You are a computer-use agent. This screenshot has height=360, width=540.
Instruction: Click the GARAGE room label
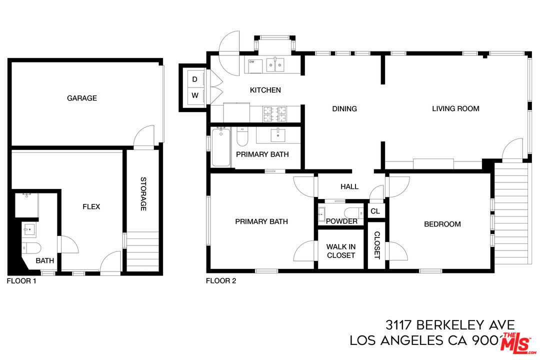point(82,98)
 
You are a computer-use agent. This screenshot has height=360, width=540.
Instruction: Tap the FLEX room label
point(91,206)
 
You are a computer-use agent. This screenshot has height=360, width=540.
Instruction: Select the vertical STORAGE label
point(143,194)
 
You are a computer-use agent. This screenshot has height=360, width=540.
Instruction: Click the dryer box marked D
point(195,79)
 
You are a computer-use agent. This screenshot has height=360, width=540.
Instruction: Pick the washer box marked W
point(195,95)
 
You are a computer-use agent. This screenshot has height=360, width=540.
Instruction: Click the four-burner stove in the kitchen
point(275,114)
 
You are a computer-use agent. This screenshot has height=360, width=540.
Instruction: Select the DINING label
point(344,108)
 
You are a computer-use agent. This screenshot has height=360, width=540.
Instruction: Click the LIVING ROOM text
point(455,108)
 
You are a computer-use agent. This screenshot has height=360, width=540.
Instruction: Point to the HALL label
point(349,186)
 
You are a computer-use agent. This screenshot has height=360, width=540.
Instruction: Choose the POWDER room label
point(341,221)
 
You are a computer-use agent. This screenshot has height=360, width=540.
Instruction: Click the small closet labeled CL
point(375,211)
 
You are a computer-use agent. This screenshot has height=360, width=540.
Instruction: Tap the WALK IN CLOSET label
point(340,251)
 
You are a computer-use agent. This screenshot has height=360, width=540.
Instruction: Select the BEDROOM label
point(442,224)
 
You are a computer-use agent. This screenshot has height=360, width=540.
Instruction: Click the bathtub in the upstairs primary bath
point(221,147)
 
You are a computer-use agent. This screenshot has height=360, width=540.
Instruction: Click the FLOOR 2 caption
point(220,281)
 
